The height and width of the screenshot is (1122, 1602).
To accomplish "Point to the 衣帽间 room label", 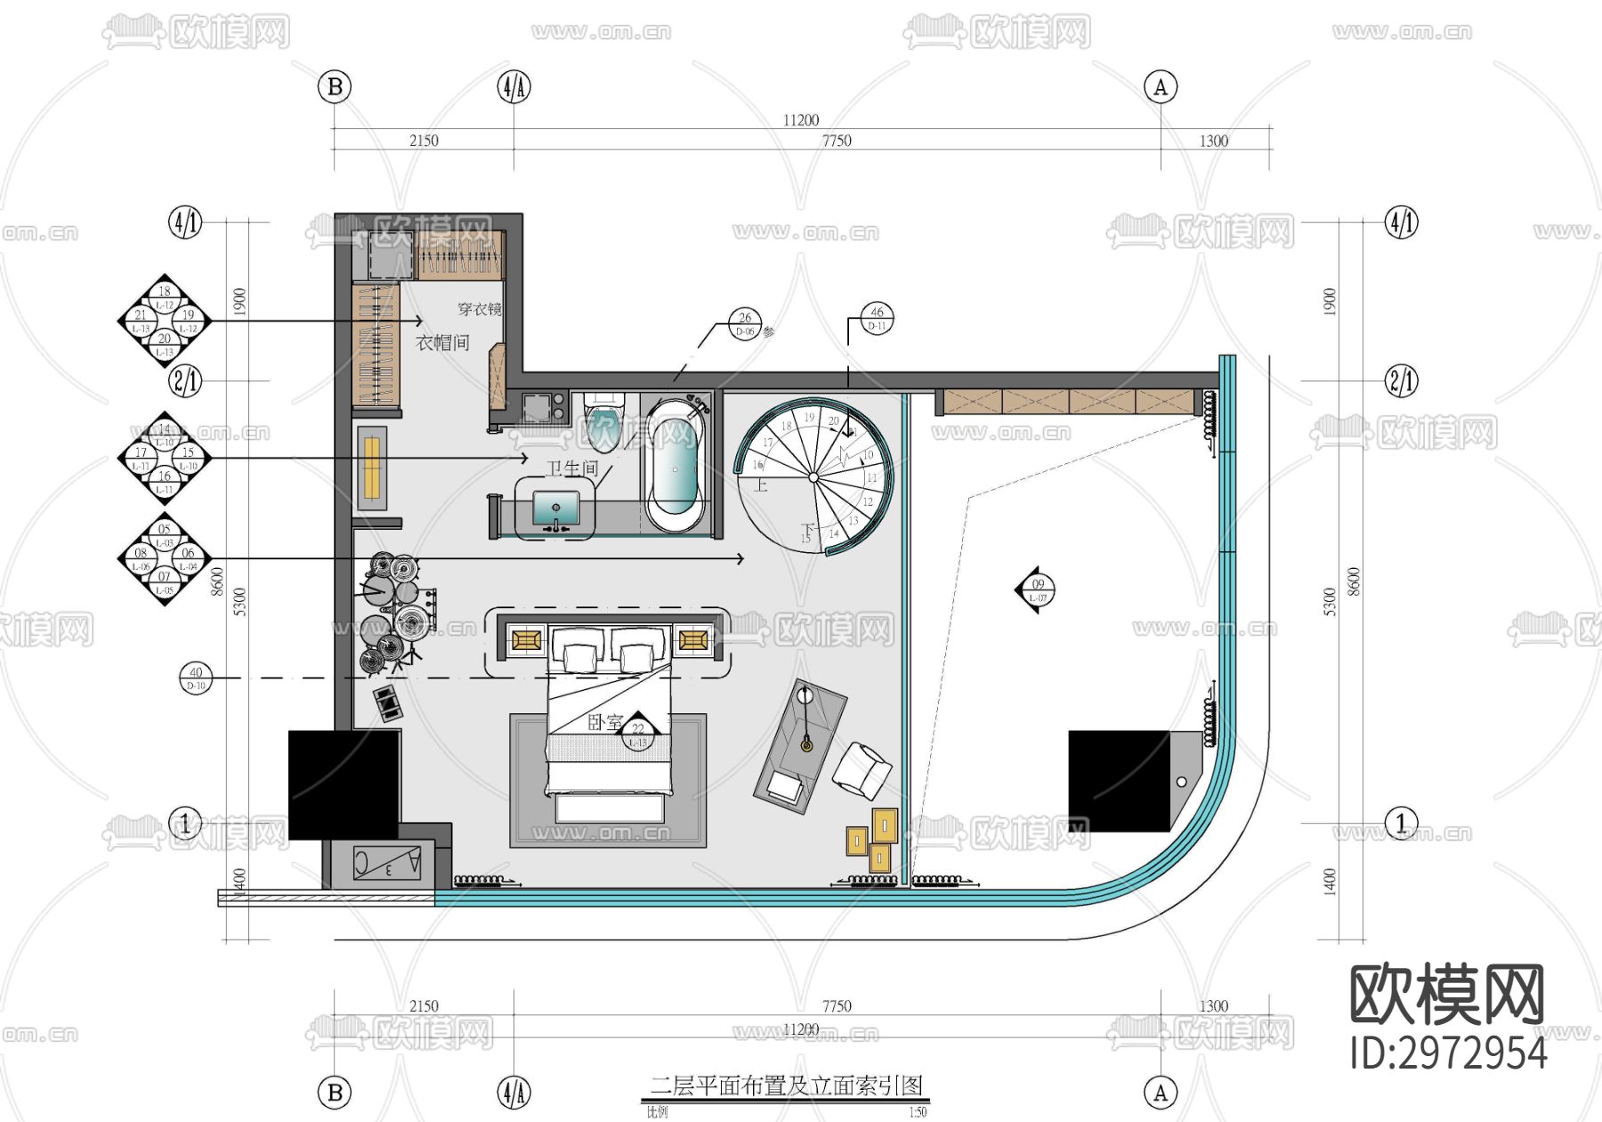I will pos(442,343).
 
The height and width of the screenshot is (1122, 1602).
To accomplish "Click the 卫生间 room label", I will pos(572,468).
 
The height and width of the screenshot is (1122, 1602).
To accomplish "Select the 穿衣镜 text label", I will pos(479,309).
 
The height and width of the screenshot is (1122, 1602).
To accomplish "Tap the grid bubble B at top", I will pos(335,87).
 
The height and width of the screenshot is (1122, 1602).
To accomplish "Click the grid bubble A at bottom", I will pos(1161,1093).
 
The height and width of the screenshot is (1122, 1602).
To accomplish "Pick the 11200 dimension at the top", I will pos(801,120).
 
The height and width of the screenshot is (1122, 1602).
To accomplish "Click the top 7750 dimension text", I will pos(837,141).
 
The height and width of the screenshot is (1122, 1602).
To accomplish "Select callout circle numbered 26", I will pos(745,323).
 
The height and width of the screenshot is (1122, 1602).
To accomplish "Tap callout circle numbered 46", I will pos(878,318).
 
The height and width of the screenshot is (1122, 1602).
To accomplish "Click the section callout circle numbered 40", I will pos(196,678).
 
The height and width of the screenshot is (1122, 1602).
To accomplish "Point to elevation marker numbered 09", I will pos(1038,589).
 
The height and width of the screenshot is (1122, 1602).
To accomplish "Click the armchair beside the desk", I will pos(862,769).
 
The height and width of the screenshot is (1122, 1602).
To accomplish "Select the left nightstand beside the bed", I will pos(526,639).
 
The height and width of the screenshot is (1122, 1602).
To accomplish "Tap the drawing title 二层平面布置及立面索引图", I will pos(786,1085).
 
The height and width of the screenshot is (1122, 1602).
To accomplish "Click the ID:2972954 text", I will pos(1448,1053).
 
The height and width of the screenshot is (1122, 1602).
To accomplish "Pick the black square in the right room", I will pos(1119,781).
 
